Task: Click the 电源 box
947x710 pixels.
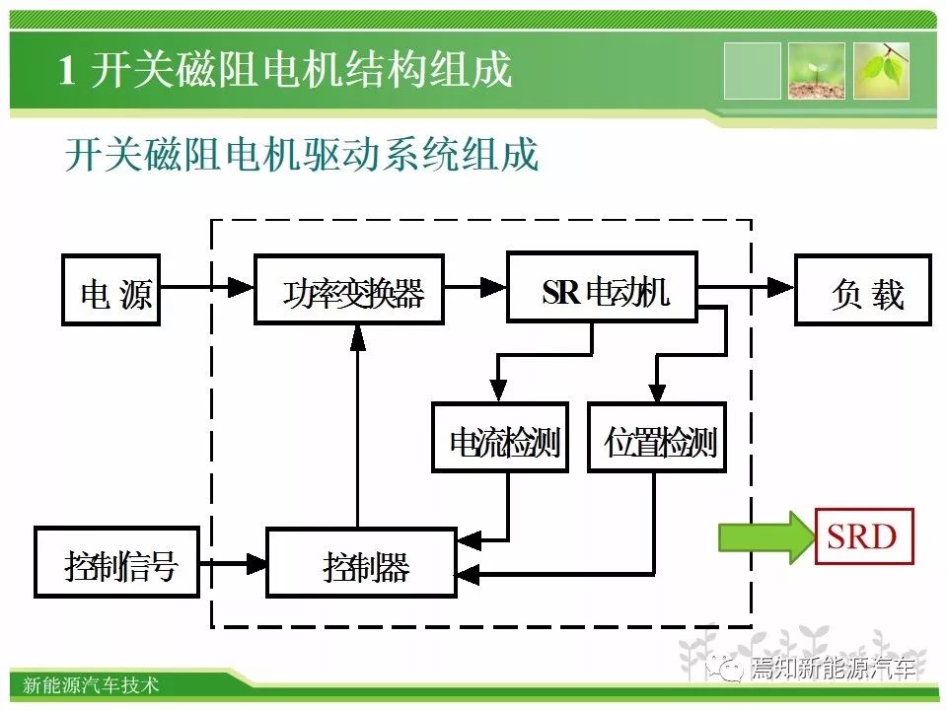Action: [111, 290]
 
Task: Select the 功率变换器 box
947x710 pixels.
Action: [349, 290]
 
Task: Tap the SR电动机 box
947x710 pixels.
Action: [602, 286]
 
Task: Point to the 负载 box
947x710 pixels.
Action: [863, 290]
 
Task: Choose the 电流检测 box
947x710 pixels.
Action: [500, 437]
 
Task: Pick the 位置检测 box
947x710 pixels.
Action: [657, 437]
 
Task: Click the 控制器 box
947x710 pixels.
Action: [361, 563]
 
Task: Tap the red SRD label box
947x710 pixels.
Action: [864, 536]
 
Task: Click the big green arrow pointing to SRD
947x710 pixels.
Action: [766, 536]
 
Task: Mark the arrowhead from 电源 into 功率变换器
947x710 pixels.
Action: [242, 287]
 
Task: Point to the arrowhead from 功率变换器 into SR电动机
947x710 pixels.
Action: [493, 287]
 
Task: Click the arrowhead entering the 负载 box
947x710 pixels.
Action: [781, 287]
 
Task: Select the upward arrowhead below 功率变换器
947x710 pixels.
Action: [358, 338]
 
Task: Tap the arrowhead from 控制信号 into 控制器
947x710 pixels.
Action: [254, 564]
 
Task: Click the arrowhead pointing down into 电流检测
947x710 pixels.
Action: [498, 390]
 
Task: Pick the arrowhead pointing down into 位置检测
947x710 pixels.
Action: [657, 390]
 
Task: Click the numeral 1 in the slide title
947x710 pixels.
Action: [67, 70]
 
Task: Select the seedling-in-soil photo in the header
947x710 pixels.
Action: [816, 71]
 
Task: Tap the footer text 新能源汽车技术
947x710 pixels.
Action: [91, 684]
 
